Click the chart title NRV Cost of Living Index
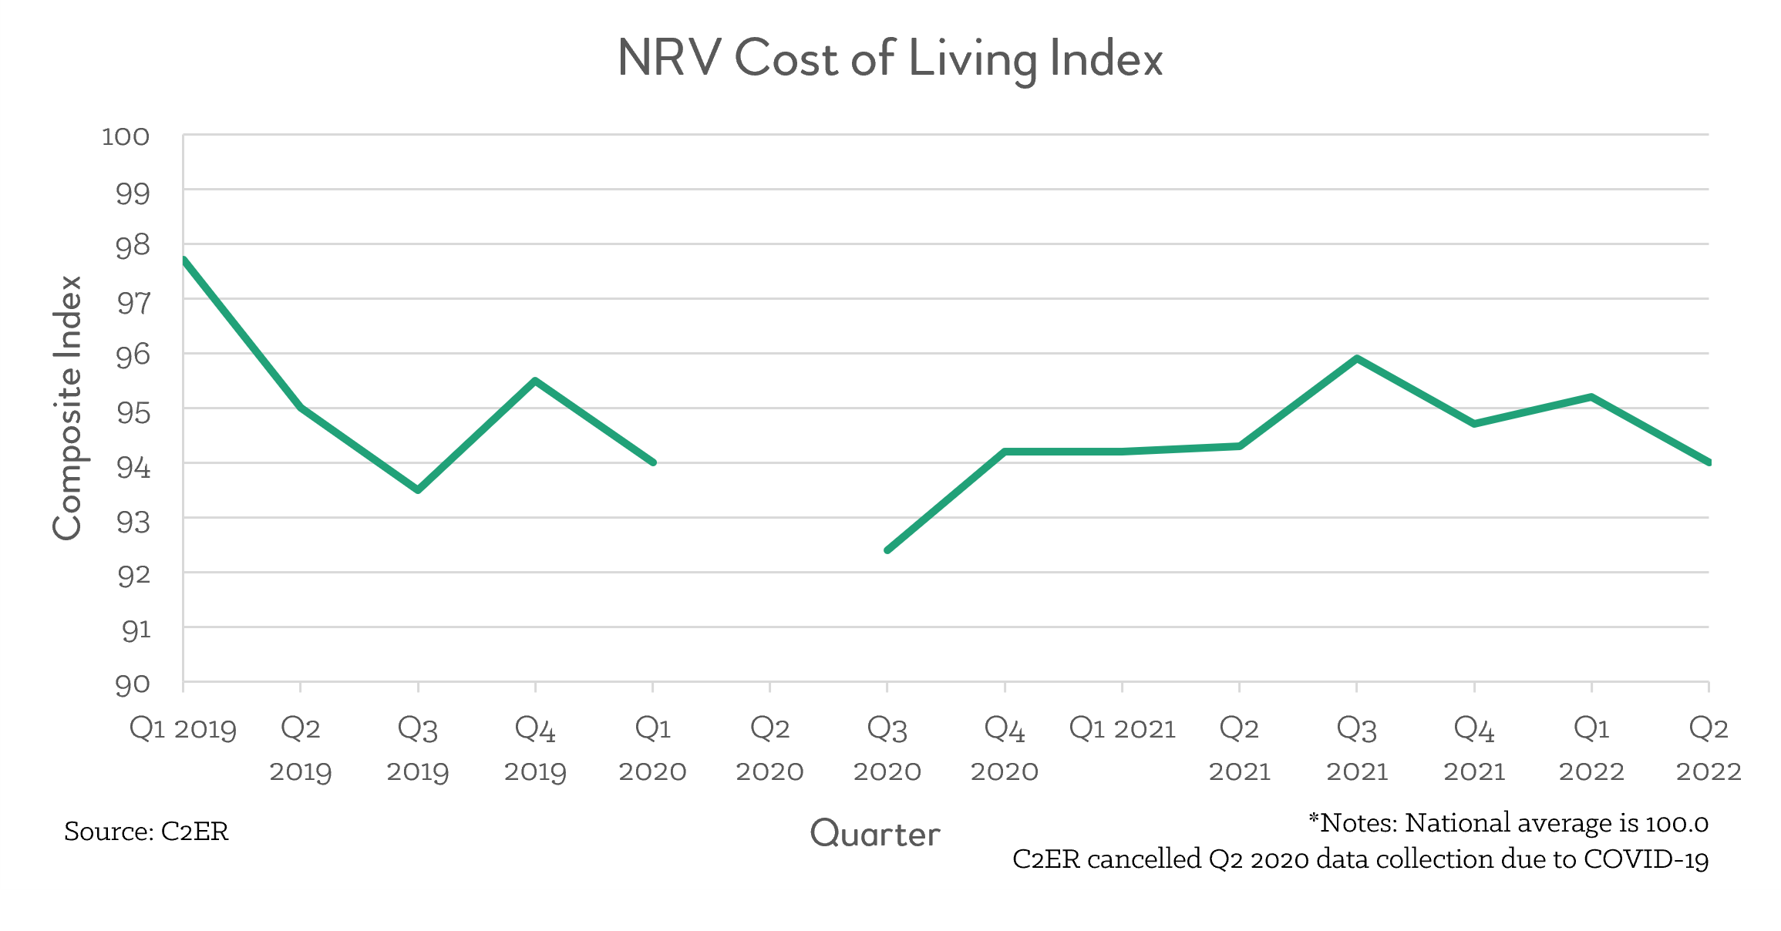890,59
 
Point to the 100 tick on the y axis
126,136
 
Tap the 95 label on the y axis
133,412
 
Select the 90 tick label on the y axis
133,684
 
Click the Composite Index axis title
67,408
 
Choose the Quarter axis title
875,833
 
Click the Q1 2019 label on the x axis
183,728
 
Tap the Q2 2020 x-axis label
769,748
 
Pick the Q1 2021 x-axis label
1122,728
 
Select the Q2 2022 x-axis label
1709,748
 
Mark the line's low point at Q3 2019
418,490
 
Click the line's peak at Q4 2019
535,381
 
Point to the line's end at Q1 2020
653,462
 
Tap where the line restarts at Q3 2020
887,550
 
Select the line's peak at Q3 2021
1357,358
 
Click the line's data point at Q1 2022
1591,397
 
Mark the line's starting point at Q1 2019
184,260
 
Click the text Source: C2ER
146,831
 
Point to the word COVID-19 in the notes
1646,859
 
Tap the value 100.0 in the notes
1676,823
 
